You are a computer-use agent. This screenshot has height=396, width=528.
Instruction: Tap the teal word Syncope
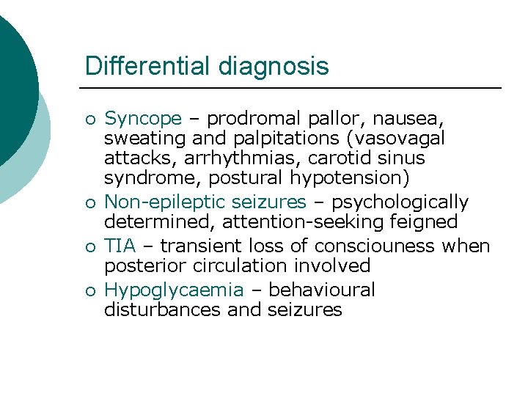click(142, 118)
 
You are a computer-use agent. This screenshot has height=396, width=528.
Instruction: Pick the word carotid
click(333, 158)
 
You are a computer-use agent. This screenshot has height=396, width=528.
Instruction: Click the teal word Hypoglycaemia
click(173, 290)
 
